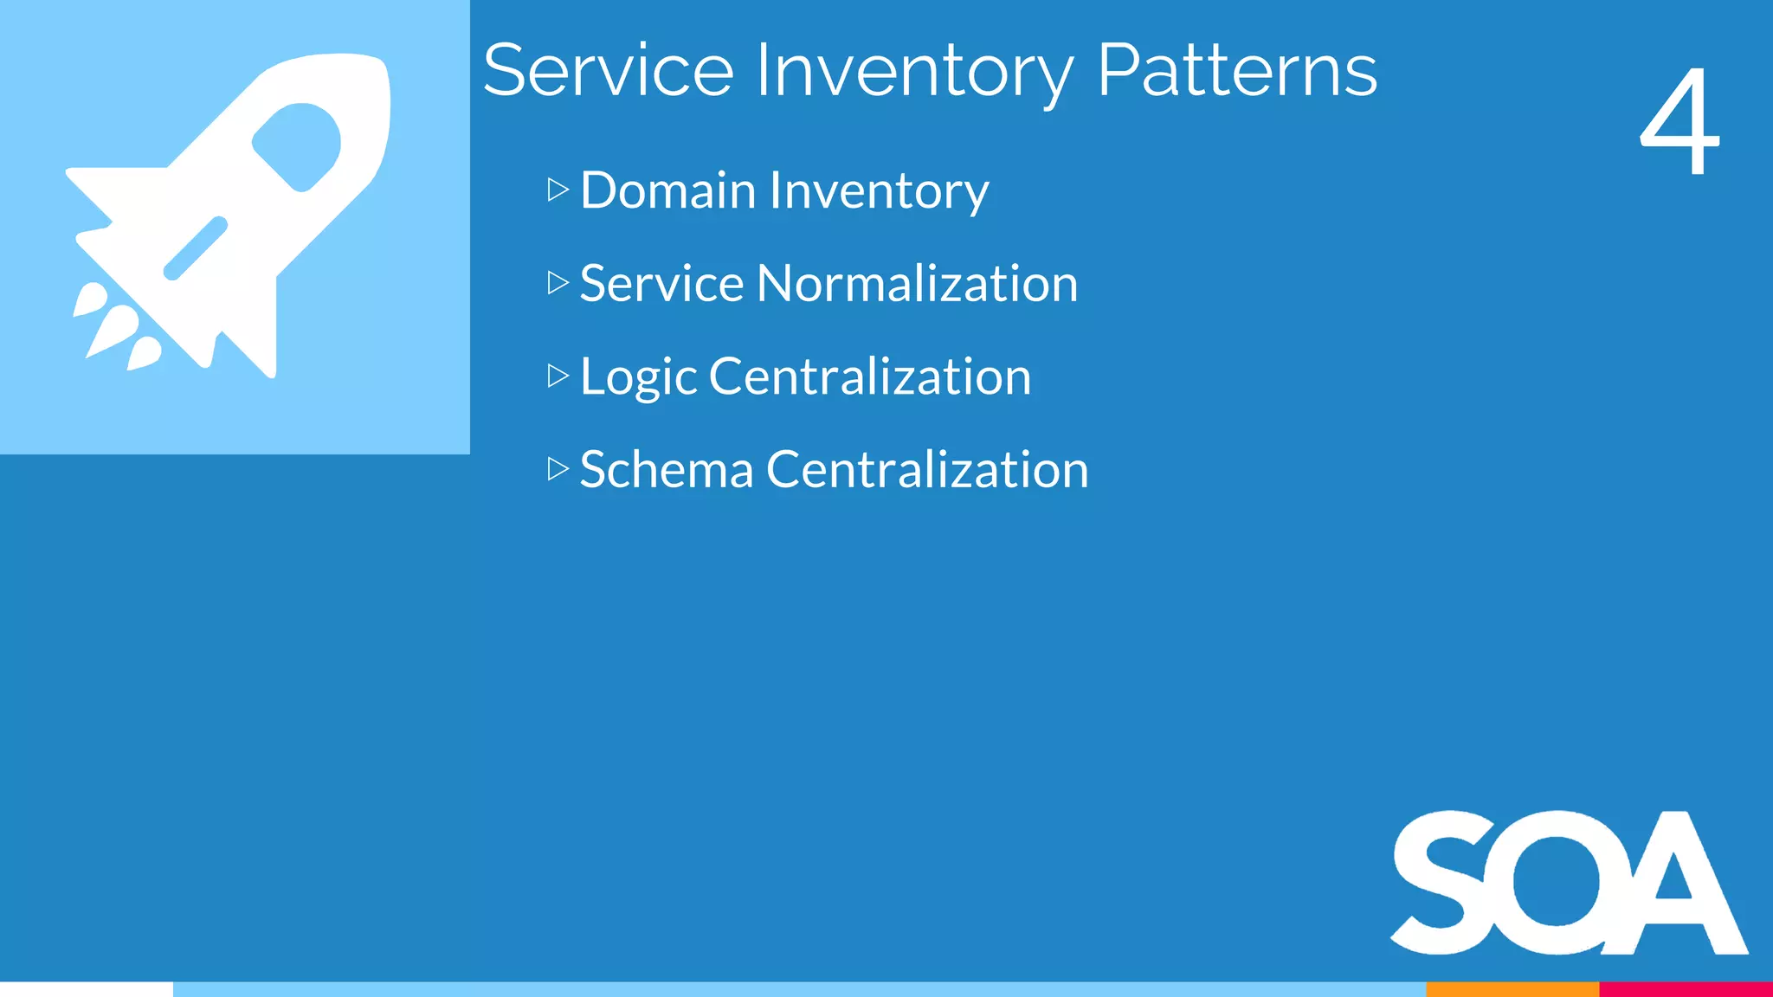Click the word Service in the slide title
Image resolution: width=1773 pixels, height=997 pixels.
608,71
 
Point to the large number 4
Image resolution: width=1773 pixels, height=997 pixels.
1680,121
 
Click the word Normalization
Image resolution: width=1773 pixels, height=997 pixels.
917,284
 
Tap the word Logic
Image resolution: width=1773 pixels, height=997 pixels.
638,377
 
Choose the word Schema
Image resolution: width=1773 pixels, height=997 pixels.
666,470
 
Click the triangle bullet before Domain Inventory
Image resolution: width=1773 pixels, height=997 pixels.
558,190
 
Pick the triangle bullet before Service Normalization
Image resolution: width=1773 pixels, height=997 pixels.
558,283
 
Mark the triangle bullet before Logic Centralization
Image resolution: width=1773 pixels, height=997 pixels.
558,376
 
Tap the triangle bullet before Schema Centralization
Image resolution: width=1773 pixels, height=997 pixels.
558,469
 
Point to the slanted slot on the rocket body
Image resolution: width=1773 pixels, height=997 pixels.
196,248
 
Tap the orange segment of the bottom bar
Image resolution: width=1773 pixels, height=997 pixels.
1512,989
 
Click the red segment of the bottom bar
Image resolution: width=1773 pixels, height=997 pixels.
1686,989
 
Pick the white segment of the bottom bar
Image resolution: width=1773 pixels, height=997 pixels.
87,989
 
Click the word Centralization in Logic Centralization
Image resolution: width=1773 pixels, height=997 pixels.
869,377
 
